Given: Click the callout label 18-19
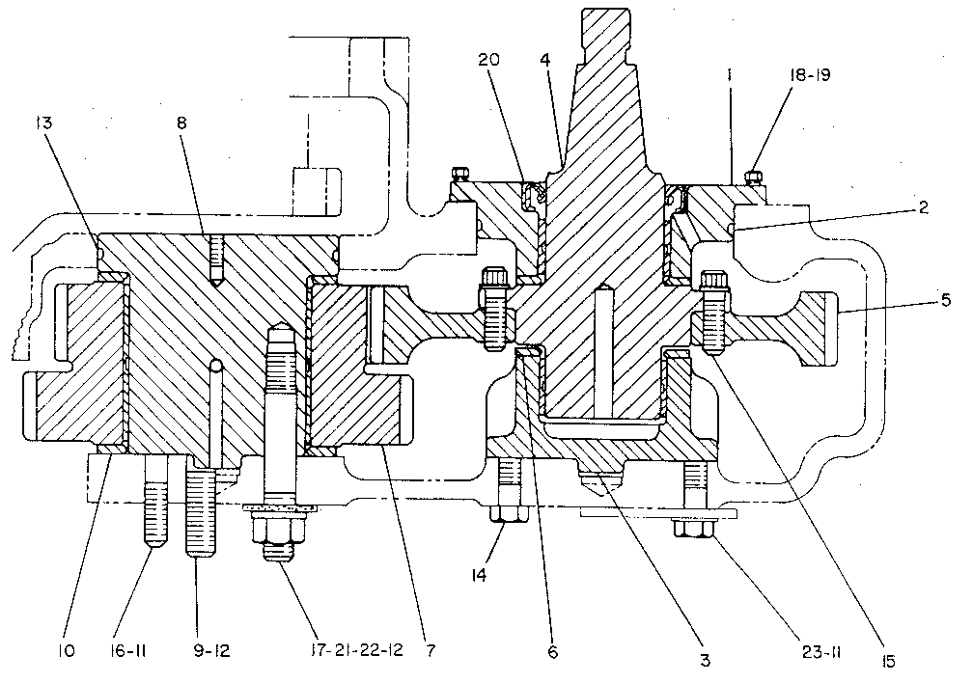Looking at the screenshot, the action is [810, 74].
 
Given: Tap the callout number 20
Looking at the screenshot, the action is [489, 60].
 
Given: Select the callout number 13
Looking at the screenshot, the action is [44, 123].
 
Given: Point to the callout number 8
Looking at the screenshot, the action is [181, 123].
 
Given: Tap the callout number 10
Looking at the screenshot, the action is [67, 651].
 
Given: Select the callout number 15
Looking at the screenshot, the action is [889, 662].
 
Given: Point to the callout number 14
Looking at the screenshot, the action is [479, 575].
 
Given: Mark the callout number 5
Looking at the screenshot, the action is [946, 300].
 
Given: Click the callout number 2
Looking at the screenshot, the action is [924, 207].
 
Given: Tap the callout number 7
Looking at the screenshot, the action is [431, 651].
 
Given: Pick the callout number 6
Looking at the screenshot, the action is [553, 651].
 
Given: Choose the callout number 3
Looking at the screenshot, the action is [706, 661].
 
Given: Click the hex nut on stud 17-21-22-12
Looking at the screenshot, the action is [279, 531].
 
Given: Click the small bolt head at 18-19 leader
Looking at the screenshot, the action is [753, 178].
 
